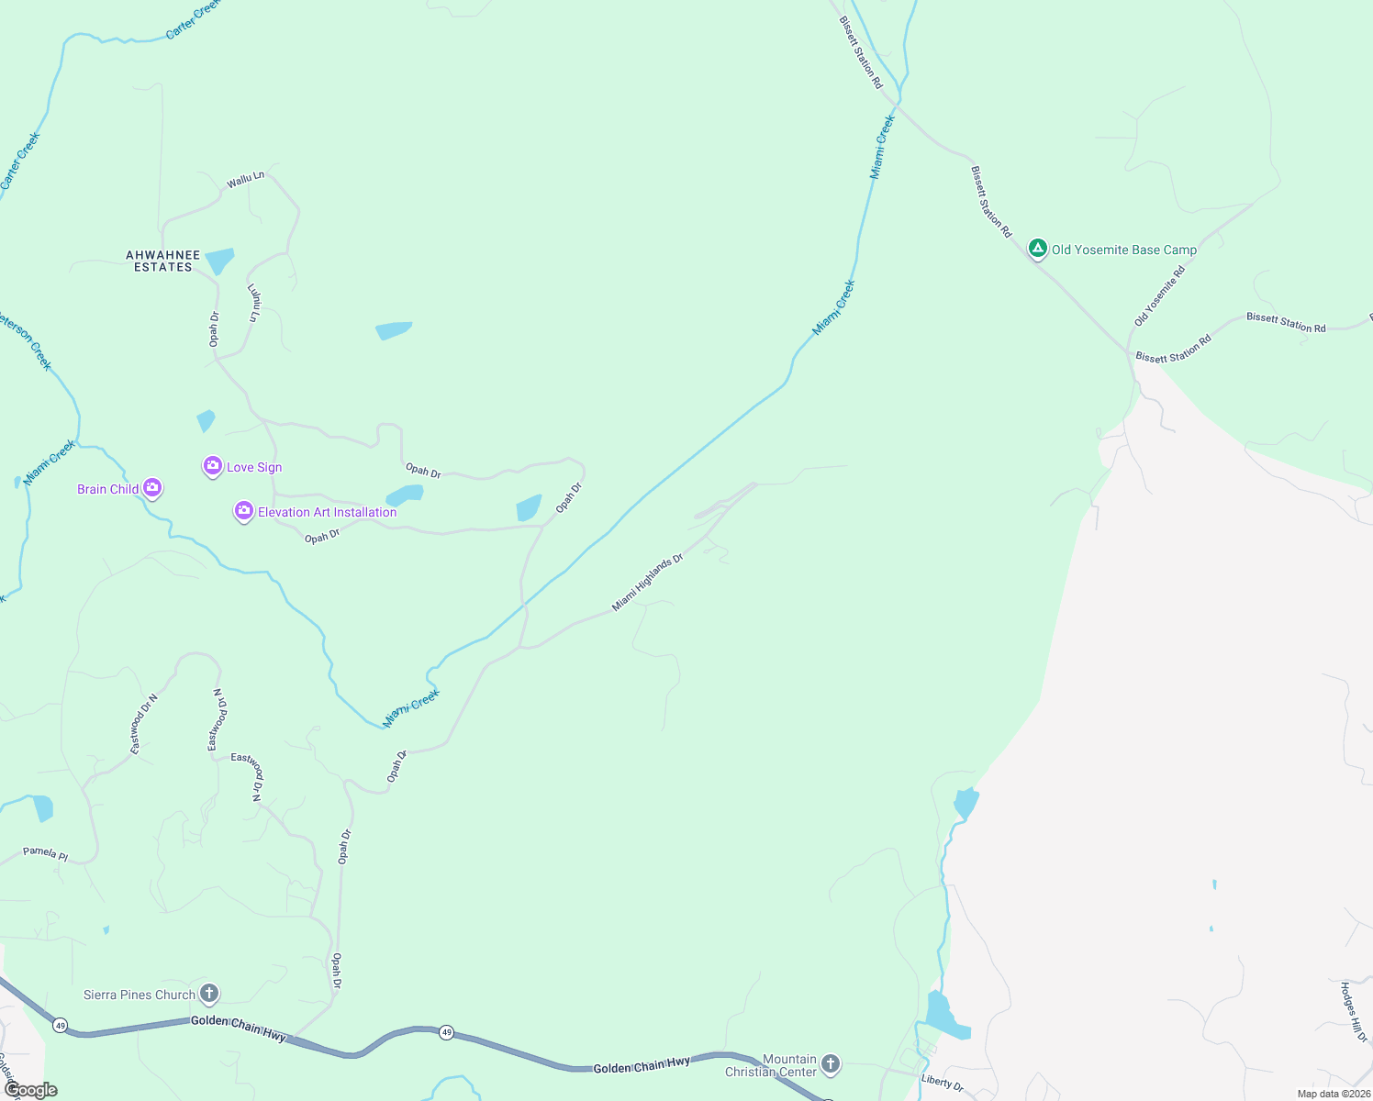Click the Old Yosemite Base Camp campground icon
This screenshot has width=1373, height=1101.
click(1037, 248)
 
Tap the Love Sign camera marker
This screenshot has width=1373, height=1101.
click(213, 466)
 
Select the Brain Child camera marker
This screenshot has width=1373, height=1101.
click(152, 488)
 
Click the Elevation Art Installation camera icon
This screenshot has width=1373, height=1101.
click(243, 511)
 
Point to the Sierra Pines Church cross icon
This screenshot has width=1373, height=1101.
click(209, 993)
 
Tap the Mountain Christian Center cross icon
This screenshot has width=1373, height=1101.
click(830, 1063)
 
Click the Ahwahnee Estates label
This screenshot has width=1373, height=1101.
click(163, 261)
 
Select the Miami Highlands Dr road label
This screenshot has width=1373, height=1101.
click(648, 583)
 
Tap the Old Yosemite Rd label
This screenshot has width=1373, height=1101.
click(1159, 295)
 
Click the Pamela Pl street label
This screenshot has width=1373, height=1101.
click(46, 853)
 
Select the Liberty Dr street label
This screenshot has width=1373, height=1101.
click(943, 1083)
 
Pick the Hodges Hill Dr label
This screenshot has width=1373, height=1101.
click(1354, 1011)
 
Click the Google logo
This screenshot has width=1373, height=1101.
click(30, 1090)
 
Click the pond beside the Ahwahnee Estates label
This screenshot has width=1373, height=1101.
click(219, 261)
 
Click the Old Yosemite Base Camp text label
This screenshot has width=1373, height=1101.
click(1123, 250)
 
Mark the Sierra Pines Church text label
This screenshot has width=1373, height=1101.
click(140, 995)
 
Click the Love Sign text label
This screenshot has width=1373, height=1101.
click(254, 467)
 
